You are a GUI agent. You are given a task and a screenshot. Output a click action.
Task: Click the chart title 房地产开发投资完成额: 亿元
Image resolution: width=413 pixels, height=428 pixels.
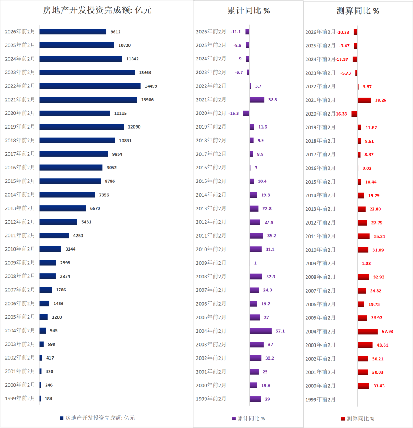pyautogui.click(x=97, y=10)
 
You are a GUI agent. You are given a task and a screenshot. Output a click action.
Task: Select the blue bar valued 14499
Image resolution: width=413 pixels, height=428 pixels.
pyautogui.click(x=90, y=86)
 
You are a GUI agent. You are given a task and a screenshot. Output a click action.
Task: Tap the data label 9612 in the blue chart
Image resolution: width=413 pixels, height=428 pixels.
pyautogui.click(x=115, y=32)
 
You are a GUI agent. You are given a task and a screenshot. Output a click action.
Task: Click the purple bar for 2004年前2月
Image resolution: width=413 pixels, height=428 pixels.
pyautogui.click(x=260, y=331)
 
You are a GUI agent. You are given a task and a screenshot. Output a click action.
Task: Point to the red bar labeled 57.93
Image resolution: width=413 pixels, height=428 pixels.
pyautogui.click(x=367, y=331)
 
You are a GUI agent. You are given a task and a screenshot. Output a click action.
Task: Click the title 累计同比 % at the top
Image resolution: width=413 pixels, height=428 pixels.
pyautogui.click(x=249, y=11)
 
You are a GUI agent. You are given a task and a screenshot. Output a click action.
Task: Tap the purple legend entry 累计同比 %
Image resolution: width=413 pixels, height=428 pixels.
pyautogui.click(x=248, y=418)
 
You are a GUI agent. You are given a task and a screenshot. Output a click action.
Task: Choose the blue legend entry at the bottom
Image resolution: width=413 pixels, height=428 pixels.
pyautogui.click(x=97, y=418)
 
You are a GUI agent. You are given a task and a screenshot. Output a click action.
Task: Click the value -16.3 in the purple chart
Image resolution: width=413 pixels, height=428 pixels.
pyautogui.click(x=233, y=114)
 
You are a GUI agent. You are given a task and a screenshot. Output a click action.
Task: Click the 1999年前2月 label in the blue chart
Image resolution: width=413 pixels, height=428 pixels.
pyautogui.click(x=20, y=398)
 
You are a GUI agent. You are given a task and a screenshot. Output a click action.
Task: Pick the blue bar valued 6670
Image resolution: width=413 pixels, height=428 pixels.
pyautogui.click(x=63, y=208)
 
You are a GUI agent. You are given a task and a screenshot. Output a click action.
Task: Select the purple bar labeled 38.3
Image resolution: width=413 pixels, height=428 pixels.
pyautogui.click(x=257, y=99)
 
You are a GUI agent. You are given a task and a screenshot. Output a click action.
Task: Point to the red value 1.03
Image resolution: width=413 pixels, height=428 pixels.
pyautogui.click(x=366, y=264)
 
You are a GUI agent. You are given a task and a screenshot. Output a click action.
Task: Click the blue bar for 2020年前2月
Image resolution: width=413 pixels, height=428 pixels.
pyautogui.click(x=75, y=113)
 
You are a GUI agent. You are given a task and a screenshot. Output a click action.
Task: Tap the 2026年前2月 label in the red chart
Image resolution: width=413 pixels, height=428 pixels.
pyautogui.click(x=320, y=32)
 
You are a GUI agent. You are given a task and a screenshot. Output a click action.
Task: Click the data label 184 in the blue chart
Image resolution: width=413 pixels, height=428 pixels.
pyautogui.click(x=49, y=399)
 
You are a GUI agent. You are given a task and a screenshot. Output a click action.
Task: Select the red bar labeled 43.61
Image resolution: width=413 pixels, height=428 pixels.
pyautogui.click(x=365, y=345)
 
